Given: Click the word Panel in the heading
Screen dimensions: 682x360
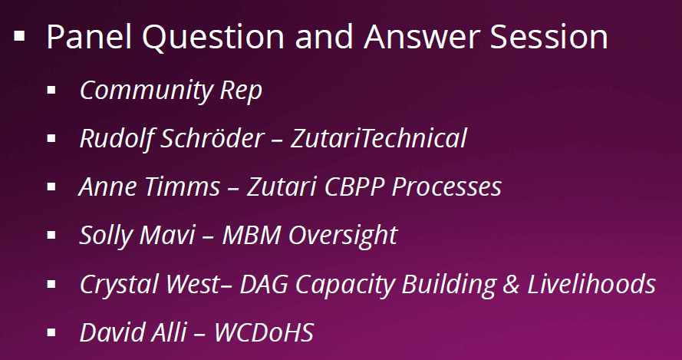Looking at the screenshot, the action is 89,37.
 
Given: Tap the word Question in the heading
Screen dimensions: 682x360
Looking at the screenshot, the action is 213,38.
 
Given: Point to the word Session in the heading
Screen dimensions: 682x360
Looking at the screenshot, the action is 549,37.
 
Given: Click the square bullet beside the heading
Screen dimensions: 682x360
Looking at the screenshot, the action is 19,36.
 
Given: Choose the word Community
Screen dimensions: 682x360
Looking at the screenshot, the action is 146,91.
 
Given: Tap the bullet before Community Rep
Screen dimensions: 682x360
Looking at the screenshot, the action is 51,90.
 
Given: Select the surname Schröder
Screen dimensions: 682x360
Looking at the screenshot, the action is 213,138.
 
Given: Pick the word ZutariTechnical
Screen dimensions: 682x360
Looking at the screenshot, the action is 378,138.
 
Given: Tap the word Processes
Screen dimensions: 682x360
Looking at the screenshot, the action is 446,187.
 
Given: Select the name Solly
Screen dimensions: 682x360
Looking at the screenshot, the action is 108,236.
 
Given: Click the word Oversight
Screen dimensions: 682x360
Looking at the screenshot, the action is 343,236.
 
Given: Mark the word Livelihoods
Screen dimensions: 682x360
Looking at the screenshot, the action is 591,284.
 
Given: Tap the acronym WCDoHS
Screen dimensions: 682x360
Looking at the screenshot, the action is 264,333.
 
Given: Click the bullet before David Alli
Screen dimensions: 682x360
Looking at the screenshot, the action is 51,333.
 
